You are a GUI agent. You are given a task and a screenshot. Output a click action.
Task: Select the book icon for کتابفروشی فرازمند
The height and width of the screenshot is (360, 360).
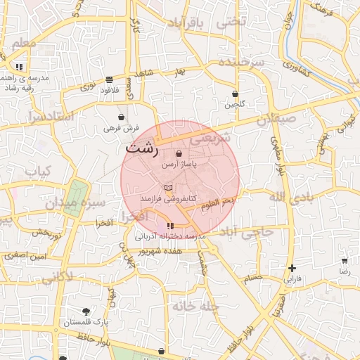pos(167,188)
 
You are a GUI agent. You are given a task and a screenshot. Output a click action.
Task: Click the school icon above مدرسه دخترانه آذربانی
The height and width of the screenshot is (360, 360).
pos(170,226)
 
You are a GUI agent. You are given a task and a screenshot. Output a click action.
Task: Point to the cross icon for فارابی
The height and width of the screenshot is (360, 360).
pos(292,268)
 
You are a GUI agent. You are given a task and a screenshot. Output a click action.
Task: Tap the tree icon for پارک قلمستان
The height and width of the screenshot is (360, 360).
pos(86,311)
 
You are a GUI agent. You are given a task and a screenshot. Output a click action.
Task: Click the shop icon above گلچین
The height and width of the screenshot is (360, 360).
pos(235,94)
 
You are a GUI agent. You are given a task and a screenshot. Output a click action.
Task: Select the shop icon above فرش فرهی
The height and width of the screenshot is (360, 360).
pos(122,117)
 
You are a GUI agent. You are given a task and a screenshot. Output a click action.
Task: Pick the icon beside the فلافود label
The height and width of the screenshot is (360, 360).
pos(109,79)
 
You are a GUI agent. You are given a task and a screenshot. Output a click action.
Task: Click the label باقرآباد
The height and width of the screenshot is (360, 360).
pos(186,24)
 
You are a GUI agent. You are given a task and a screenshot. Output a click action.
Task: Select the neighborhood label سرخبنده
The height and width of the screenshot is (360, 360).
pos(241,63)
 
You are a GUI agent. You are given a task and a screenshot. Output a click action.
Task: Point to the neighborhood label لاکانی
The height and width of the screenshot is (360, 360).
pos(56,277)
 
